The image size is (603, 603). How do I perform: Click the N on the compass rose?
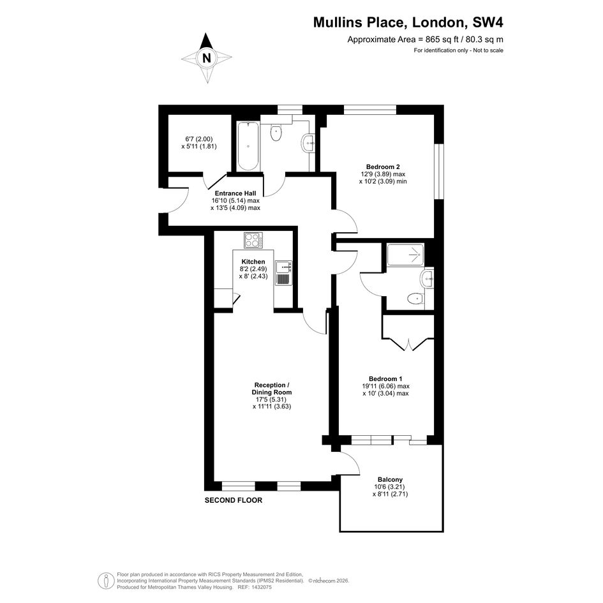pos(207,58)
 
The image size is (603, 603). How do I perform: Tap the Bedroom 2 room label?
pos(383,167)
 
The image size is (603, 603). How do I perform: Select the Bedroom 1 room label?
pos(385,379)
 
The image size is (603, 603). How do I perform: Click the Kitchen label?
pos(253,262)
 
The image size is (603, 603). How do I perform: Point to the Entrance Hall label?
pos(235,193)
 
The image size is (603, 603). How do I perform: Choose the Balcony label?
pos(390,480)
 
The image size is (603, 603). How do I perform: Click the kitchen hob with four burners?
pos(254,241)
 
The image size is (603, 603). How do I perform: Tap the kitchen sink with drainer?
pos(284,273)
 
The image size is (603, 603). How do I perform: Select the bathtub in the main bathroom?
pos(248,146)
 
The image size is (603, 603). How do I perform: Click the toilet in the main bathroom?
pos(276,132)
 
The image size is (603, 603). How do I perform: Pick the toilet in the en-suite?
pos(415,299)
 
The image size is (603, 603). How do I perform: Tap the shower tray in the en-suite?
pos(406,255)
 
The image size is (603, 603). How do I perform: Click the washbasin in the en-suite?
pos(427,278)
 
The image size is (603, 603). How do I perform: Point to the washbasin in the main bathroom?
pos(309,143)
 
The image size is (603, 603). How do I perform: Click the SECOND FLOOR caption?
pos(234,500)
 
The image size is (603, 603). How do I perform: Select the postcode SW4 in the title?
pos(488,22)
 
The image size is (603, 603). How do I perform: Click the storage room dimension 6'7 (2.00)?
pos(199,139)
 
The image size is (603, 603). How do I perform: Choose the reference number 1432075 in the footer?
pos(261,588)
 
